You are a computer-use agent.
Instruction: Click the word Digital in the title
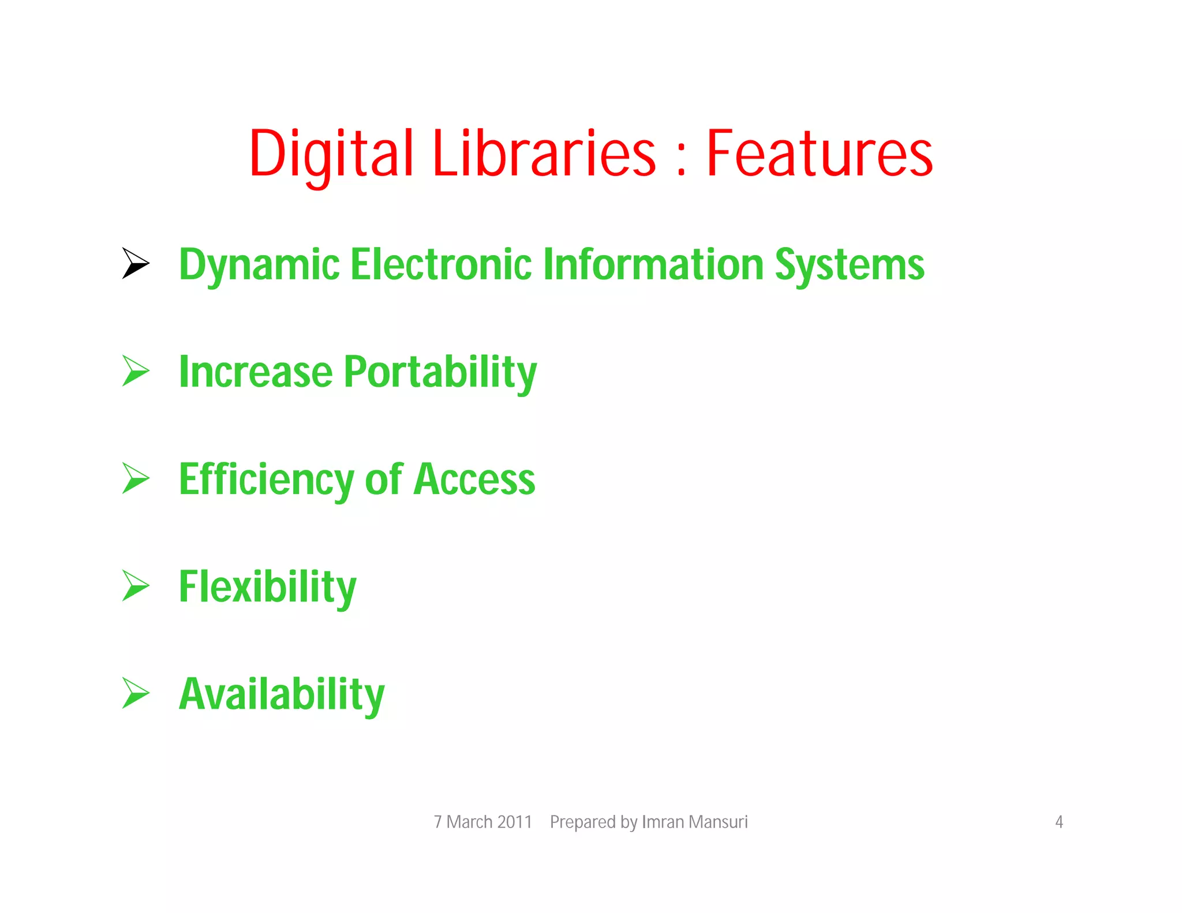point(331,154)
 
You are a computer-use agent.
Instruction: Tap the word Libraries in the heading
point(544,154)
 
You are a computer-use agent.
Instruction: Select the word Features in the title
point(819,154)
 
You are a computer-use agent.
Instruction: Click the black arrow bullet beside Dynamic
point(135,263)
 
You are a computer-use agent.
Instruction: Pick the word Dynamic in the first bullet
point(259,265)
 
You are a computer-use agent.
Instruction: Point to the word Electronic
point(442,264)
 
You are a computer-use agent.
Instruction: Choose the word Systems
point(849,265)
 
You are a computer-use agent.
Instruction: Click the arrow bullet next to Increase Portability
point(135,371)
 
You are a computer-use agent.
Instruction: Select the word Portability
point(440,373)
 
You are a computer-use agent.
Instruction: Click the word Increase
point(256,372)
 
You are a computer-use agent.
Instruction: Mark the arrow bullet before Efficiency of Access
point(135,478)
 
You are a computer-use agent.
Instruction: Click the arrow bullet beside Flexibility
point(135,586)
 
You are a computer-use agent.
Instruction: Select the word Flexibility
point(267,588)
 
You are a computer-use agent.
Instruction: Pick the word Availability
point(282,695)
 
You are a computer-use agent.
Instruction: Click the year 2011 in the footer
point(514,822)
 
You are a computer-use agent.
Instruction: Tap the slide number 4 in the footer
point(1058,822)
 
